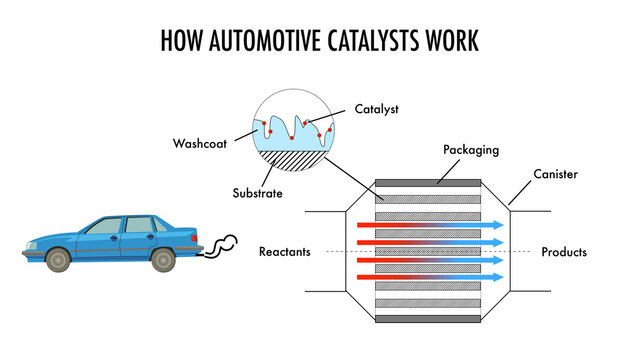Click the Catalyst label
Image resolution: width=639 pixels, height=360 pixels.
376,108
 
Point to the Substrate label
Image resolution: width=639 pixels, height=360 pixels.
256,192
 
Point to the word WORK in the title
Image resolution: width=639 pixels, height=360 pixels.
451,41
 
